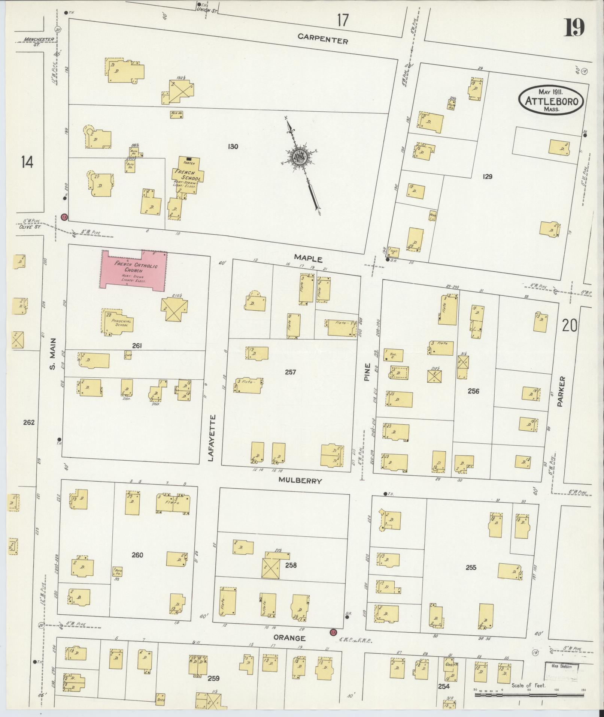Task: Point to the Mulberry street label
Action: pos(300,480)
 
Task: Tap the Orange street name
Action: pos(289,638)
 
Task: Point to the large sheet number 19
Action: pos(574,28)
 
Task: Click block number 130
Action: pos(233,147)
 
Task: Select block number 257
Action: pos(291,372)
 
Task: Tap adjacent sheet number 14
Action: pos(27,163)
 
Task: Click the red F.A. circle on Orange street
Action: pos(332,632)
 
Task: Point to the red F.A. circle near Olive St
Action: pos(64,217)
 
